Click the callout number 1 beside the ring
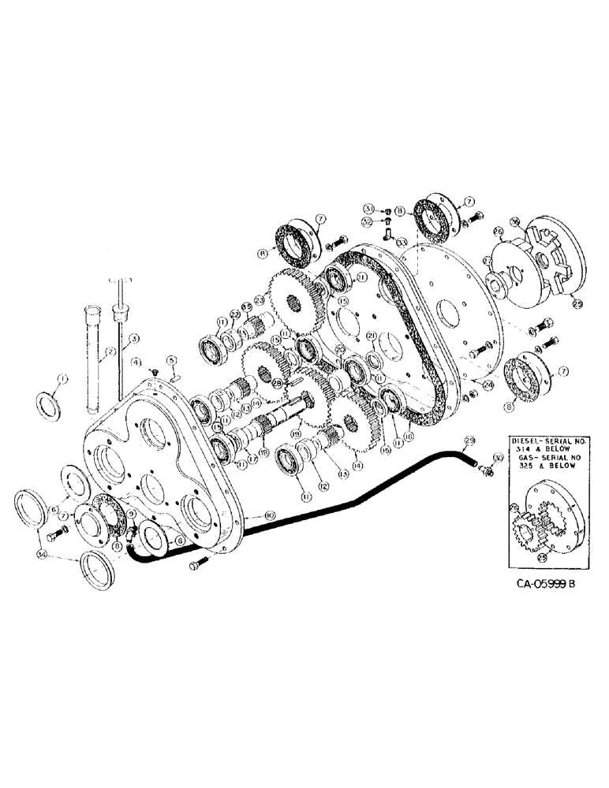(x=64, y=379)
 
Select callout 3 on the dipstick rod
(x=135, y=339)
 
